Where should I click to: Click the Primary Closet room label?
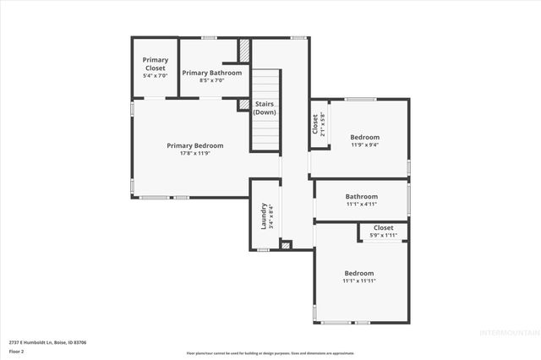[x=156, y=63]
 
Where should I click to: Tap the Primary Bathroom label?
[x=212, y=73]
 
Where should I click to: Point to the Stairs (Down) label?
[x=265, y=108]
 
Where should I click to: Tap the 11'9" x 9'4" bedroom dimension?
[x=365, y=145]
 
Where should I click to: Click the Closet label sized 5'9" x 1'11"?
[x=384, y=228]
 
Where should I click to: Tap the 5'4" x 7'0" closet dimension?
[x=156, y=76]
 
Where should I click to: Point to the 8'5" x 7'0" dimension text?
[x=212, y=81]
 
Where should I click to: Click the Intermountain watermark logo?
[x=506, y=332]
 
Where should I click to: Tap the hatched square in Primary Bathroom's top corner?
[x=244, y=49]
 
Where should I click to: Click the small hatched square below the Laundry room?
[x=286, y=246]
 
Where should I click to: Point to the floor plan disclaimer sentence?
[x=270, y=352]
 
